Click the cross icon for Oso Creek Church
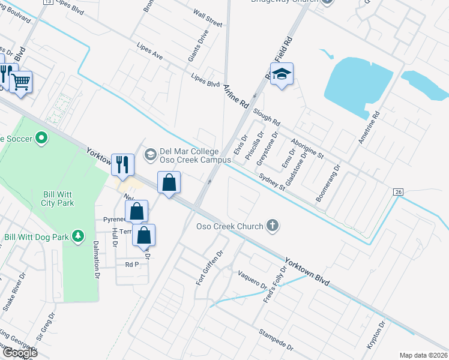pos(273,226)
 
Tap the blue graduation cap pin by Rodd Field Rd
pos(282,75)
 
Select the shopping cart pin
pos(21,81)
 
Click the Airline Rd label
pos(236,95)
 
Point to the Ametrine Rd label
pos(376,124)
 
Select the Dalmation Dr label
pos(95,260)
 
